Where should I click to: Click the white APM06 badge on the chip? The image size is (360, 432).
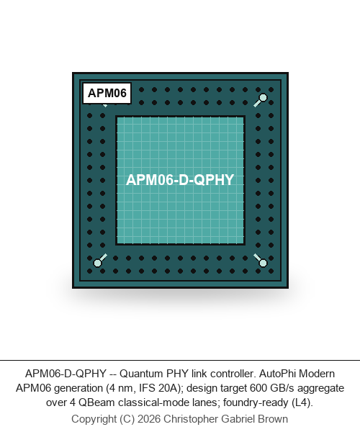(107, 93)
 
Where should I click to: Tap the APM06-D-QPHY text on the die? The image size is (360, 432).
(180, 180)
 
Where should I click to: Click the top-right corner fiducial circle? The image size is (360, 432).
(263, 97)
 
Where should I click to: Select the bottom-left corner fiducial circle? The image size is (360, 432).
(97, 263)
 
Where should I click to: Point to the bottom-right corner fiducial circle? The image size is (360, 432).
(263, 263)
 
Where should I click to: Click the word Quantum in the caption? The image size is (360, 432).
(142, 374)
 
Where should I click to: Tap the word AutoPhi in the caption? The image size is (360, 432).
(278, 374)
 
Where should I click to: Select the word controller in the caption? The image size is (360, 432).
(233, 374)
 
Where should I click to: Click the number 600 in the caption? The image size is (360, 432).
(258, 388)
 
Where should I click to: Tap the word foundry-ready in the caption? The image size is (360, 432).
(256, 402)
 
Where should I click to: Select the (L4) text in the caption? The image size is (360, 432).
(302, 402)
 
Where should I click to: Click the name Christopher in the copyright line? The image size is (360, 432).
(191, 419)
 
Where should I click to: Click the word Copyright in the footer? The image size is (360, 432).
(94, 419)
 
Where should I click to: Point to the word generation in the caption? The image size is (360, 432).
(78, 388)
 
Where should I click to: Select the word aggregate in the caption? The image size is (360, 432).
(321, 388)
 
